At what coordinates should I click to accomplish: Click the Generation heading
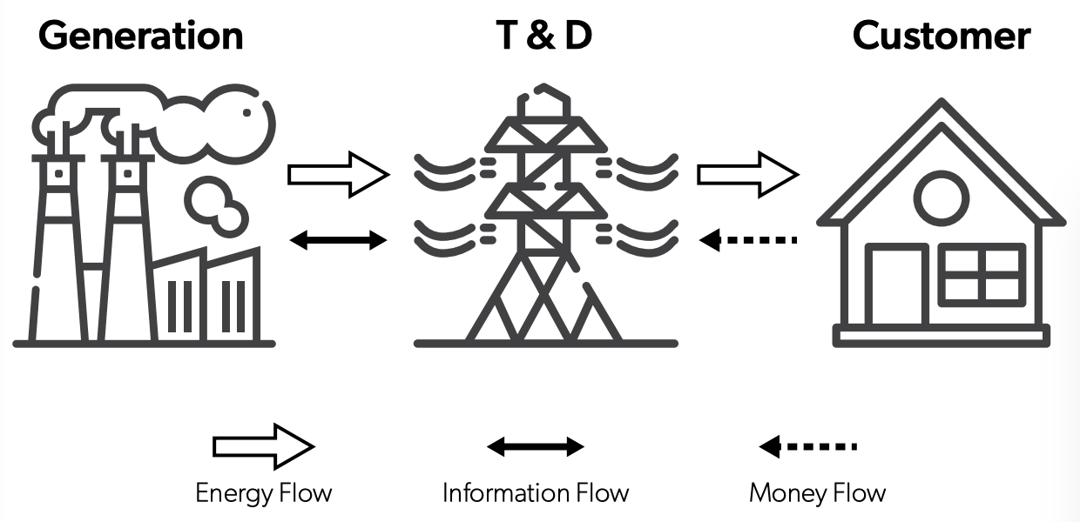(x=140, y=36)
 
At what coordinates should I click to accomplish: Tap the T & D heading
(x=541, y=36)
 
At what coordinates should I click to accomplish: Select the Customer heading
(x=941, y=36)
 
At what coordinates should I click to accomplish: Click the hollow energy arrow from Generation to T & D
(x=338, y=175)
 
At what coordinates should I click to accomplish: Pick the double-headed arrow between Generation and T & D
(x=338, y=240)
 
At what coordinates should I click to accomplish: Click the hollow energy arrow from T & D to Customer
(x=747, y=175)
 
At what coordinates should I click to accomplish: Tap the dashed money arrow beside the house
(x=749, y=239)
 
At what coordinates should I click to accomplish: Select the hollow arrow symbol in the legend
(x=264, y=446)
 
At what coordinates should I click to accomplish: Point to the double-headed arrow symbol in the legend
(x=536, y=447)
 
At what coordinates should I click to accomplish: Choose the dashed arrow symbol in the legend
(x=808, y=447)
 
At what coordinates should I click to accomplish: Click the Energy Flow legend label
(x=264, y=493)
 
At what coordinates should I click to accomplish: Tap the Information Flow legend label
(x=536, y=493)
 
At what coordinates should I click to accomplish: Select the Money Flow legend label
(x=817, y=493)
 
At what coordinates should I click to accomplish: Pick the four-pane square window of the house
(x=984, y=273)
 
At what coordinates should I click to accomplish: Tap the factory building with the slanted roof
(x=206, y=296)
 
